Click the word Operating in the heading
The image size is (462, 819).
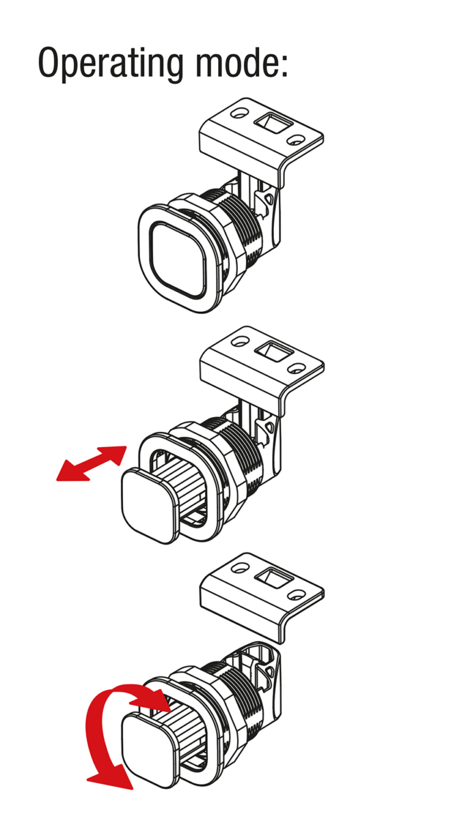coord(111,63)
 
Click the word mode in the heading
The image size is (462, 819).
coord(236,62)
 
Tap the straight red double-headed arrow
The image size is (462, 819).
coord(91,463)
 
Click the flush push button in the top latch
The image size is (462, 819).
coord(178,259)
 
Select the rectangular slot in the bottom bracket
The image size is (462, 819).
coord(274,577)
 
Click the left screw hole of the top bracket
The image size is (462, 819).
coord(239,112)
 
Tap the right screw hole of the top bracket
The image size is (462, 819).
coord(295,140)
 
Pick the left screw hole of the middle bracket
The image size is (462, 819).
coord(240,341)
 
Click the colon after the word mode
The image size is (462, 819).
coord(284,65)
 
